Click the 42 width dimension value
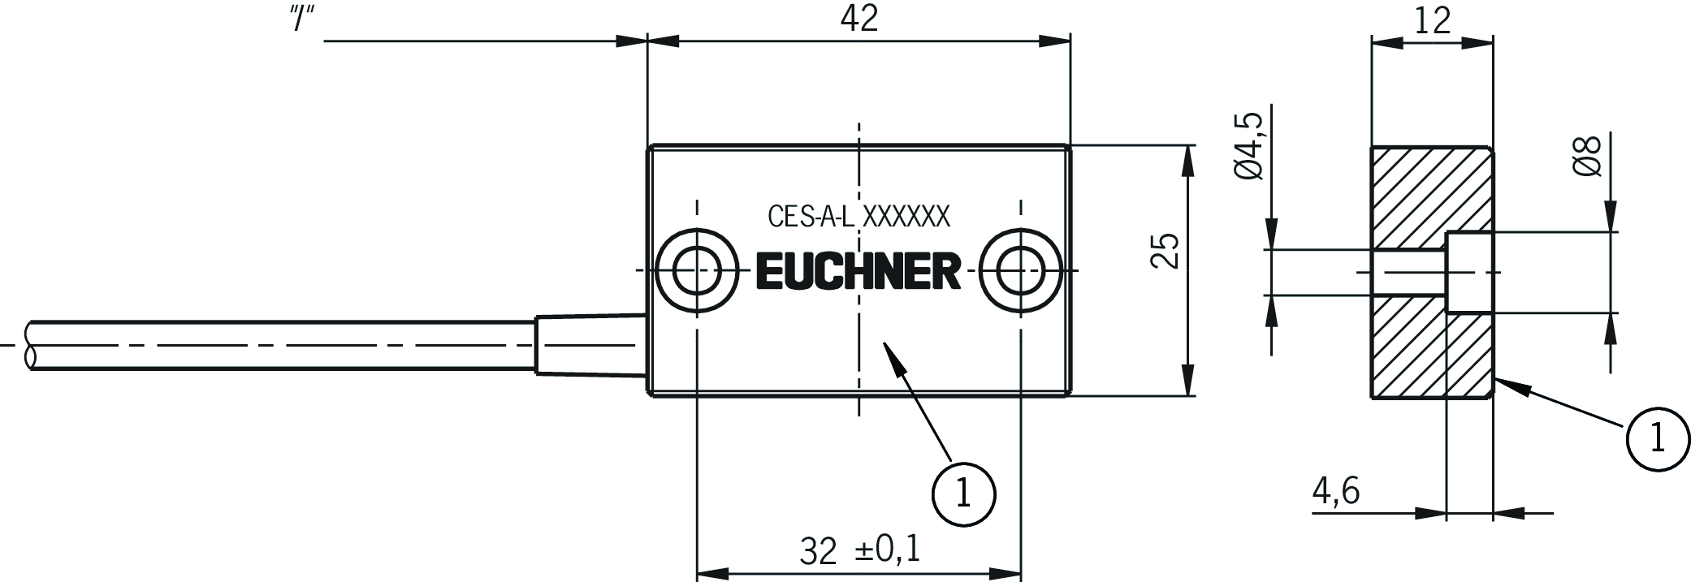[x=858, y=18]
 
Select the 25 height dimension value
[x=1166, y=252]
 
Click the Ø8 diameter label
[x=1586, y=157]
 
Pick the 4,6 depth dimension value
[x=1335, y=491]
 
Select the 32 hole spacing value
[x=818, y=551]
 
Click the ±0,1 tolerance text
[x=888, y=550]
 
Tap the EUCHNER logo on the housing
[x=858, y=271]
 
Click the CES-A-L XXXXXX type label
[x=858, y=217]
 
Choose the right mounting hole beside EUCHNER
[x=1020, y=270]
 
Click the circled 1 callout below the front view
[x=964, y=494]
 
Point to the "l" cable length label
[x=302, y=19]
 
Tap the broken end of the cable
[x=31, y=346]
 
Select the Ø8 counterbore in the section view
[x=1470, y=273]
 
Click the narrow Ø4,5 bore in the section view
[x=1409, y=273]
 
